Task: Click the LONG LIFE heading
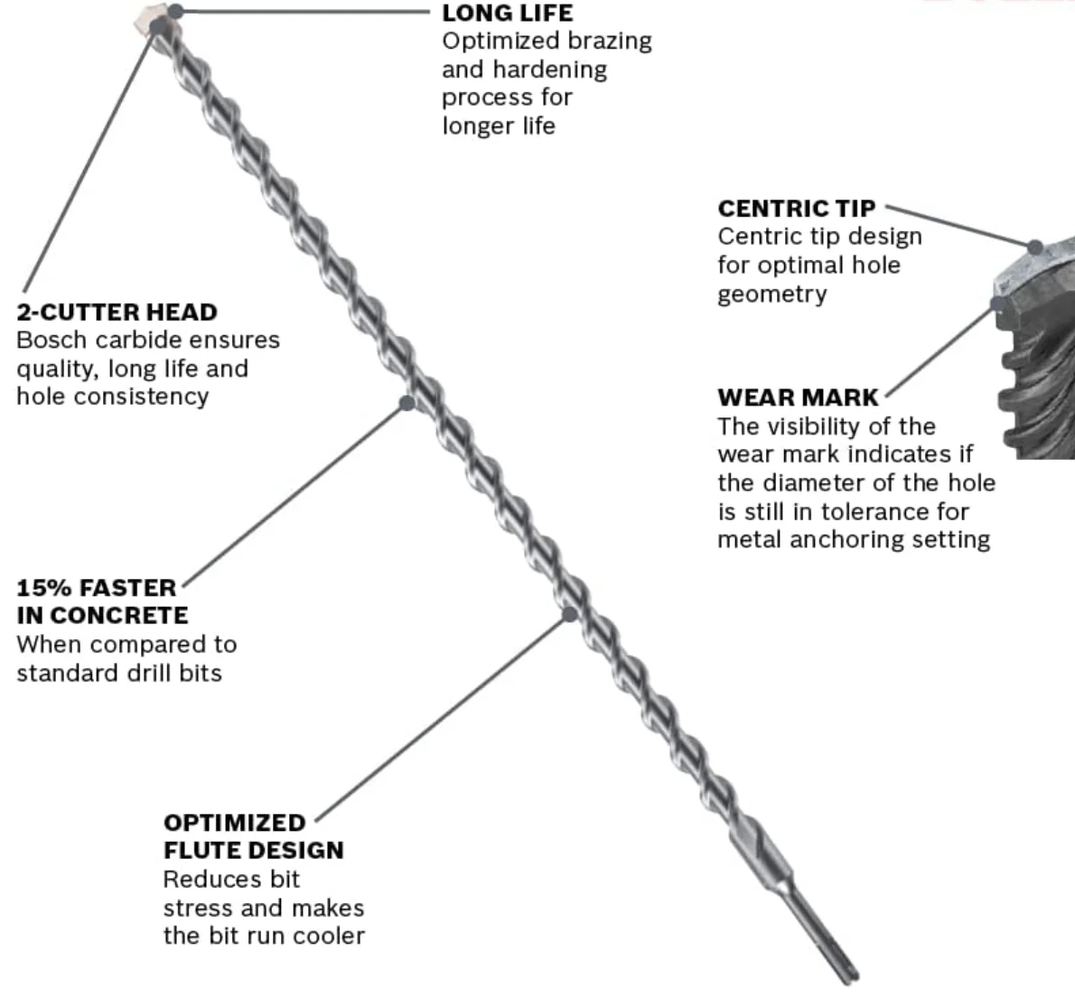(507, 13)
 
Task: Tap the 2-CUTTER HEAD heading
(117, 313)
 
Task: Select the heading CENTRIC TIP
(796, 209)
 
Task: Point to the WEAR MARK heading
(798, 397)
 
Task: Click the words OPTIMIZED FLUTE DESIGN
(253, 836)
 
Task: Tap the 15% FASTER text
(97, 588)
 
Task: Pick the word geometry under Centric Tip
(771, 294)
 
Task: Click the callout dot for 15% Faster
(407, 403)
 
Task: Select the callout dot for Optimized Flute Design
(569, 614)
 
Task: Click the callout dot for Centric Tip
(1035, 246)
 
